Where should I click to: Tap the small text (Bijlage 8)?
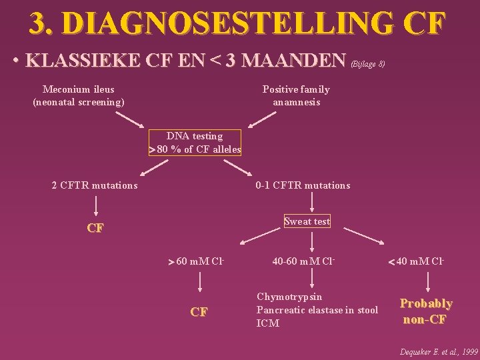368,64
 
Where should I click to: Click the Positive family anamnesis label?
296,95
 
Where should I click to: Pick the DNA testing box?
195,143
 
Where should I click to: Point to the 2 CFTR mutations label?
95,185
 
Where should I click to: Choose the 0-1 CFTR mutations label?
303,185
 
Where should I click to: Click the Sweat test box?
307,221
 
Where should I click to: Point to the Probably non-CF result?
426,311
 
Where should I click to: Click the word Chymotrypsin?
289,297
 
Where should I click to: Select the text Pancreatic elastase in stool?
317,310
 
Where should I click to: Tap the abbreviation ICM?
267,323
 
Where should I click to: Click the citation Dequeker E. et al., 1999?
438,351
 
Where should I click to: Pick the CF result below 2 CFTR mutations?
95,228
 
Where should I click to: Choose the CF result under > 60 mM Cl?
199,311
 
